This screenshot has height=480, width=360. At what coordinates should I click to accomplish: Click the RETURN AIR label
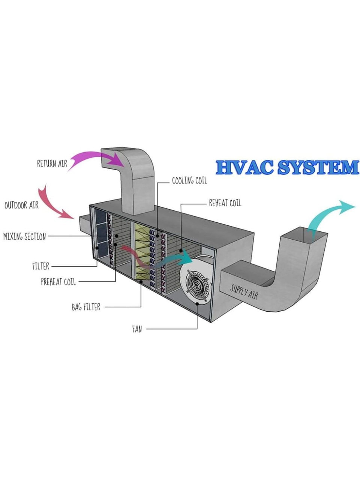pyautogui.click(x=52, y=163)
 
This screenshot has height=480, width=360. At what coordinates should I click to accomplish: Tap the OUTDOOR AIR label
pyautogui.click(x=21, y=205)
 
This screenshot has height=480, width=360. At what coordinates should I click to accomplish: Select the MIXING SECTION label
pyautogui.click(x=24, y=237)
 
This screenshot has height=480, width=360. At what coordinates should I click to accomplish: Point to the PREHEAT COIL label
pyautogui.click(x=58, y=282)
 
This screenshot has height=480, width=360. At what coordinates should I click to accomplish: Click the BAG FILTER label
pyautogui.click(x=86, y=307)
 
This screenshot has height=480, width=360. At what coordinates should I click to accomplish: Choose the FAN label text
pyautogui.click(x=137, y=330)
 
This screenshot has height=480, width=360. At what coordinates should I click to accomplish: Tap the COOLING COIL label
pyautogui.click(x=189, y=181)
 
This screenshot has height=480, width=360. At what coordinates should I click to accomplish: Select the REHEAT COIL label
pyautogui.click(x=225, y=203)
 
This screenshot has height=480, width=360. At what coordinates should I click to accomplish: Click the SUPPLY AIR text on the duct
pyautogui.click(x=244, y=291)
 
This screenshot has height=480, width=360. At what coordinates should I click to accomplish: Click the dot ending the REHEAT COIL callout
pyautogui.click(x=181, y=250)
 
